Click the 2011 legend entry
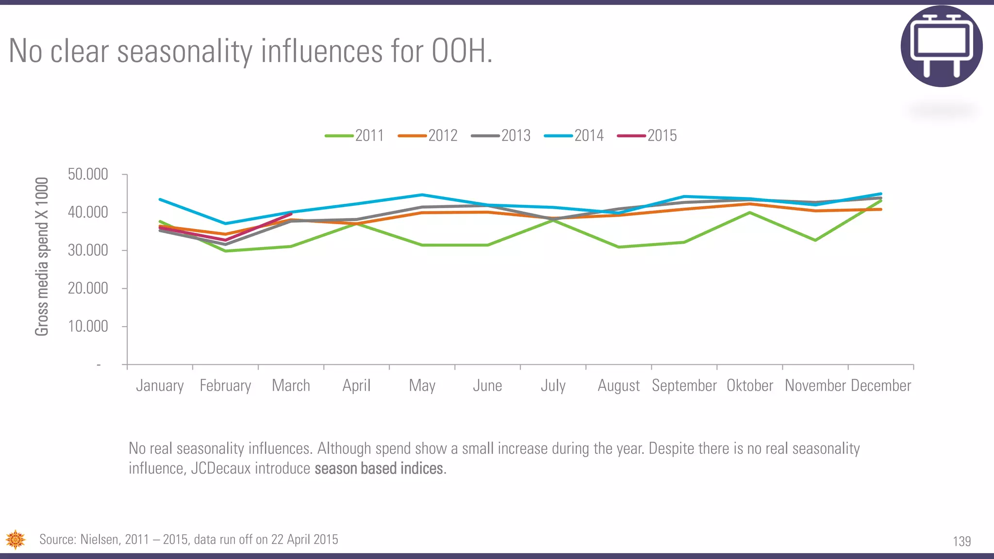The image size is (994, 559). click(x=355, y=135)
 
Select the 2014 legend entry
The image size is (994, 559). click(x=574, y=135)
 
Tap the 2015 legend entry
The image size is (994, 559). click(x=647, y=135)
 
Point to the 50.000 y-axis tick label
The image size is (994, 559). click(x=88, y=174)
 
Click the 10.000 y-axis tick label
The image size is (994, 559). click(x=88, y=326)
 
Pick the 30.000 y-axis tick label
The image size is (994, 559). click(x=88, y=250)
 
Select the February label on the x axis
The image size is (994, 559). click(x=225, y=386)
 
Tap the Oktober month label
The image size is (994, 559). click(x=749, y=386)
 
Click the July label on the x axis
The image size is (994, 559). click(x=553, y=386)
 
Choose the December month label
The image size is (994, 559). click(x=881, y=386)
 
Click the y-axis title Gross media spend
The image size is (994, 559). click(x=42, y=256)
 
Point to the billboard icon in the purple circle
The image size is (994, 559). click(x=942, y=46)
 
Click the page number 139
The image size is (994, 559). click(x=961, y=542)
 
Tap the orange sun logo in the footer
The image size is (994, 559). click(x=16, y=540)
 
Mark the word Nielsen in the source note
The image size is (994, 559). click(x=99, y=540)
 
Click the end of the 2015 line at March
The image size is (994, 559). click(x=291, y=214)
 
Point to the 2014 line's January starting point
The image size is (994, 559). click(x=160, y=199)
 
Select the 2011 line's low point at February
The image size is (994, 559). click(x=225, y=251)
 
